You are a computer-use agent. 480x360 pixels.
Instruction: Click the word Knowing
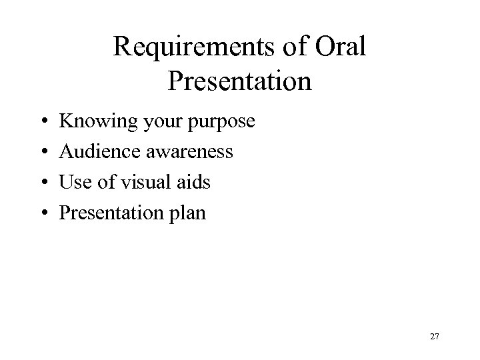[x=91, y=123]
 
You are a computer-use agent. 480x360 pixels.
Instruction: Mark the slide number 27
[x=434, y=337]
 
